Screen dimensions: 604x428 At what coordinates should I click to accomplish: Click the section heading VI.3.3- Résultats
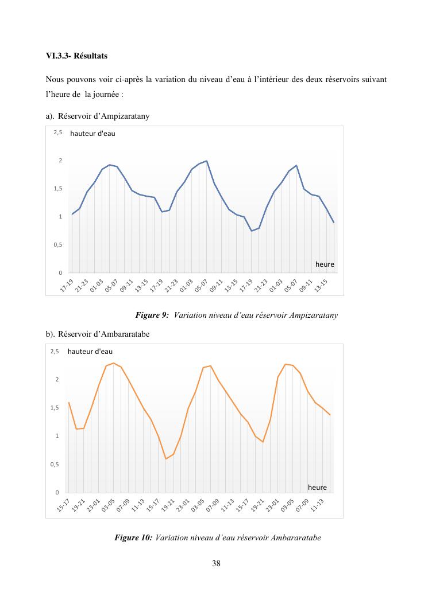(x=76, y=57)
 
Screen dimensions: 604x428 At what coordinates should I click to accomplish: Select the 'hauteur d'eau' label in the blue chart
(x=92, y=134)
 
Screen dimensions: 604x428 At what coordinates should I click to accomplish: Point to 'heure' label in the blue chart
(x=325, y=264)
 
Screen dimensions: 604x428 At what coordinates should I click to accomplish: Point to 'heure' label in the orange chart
(x=317, y=488)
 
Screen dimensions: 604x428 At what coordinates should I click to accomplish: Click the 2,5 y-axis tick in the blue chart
(x=58, y=133)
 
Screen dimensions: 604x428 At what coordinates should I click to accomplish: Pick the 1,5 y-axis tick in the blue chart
(x=58, y=189)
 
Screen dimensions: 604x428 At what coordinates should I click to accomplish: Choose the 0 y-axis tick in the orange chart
(x=57, y=493)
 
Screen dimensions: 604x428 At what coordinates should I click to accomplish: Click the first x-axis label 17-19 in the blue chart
(x=67, y=286)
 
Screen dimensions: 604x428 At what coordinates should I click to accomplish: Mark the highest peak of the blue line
(x=206, y=161)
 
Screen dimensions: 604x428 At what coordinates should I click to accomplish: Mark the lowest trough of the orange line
(x=166, y=459)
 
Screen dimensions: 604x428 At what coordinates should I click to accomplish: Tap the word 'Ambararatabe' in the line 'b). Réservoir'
(x=125, y=334)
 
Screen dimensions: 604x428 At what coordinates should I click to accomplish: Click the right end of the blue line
(x=334, y=223)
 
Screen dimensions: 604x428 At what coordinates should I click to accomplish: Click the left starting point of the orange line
(x=69, y=403)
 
